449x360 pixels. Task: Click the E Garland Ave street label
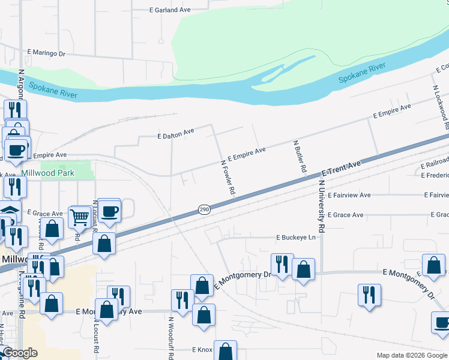pos(169,10)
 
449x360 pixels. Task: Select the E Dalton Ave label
pos(176,136)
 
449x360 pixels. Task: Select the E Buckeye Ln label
pos(295,238)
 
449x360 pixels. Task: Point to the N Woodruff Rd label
pos(170,338)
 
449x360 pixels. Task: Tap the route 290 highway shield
pos(203,209)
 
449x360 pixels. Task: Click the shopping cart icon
pos(79,217)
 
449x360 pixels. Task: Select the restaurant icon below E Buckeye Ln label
pos(281,263)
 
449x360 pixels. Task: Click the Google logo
pos(19,353)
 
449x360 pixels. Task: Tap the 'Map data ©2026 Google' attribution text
pos(412,355)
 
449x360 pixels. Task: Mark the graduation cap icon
pos(8,212)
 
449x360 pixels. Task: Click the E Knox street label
pos(202,349)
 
